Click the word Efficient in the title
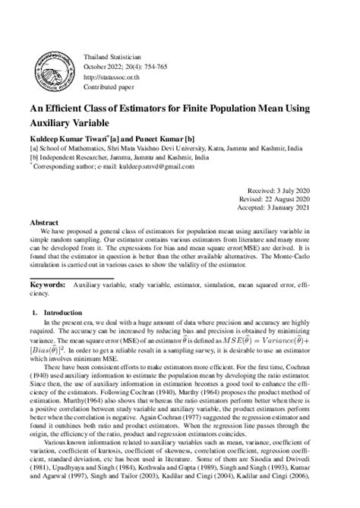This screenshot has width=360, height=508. tap(74, 107)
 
